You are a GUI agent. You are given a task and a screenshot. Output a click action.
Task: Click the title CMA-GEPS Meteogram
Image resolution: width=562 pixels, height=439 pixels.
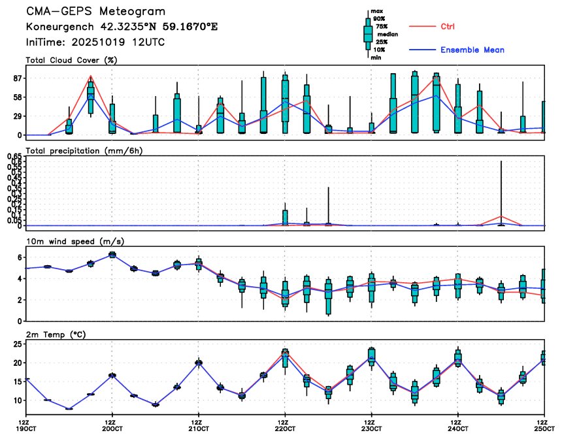click(x=95, y=12)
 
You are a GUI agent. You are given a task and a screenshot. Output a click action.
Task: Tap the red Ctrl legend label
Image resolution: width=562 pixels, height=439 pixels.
click(x=448, y=26)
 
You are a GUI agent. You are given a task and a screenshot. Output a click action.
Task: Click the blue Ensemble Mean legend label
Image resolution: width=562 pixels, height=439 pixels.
click(x=472, y=50)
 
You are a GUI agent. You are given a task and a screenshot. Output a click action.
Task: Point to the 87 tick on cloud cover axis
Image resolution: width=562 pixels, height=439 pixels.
click(x=16, y=78)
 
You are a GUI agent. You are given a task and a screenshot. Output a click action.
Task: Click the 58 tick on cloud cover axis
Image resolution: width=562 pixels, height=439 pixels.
click(x=16, y=97)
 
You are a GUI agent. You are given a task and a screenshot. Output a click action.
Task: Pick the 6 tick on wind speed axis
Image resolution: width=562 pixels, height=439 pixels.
click(x=19, y=257)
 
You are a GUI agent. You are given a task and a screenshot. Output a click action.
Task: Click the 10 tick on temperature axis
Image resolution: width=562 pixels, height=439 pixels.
click(x=16, y=400)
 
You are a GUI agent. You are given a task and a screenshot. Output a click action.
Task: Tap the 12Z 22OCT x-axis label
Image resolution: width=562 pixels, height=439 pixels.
click(x=285, y=426)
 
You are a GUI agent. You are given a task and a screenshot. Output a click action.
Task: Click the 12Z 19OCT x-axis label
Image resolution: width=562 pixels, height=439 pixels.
click(x=26, y=426)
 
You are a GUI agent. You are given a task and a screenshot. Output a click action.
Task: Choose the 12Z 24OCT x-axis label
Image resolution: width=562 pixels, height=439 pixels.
click(x=457, y=426)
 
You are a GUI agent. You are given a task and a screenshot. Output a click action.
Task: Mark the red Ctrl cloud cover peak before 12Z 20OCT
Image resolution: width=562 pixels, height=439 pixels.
click(x=91, y=76)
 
